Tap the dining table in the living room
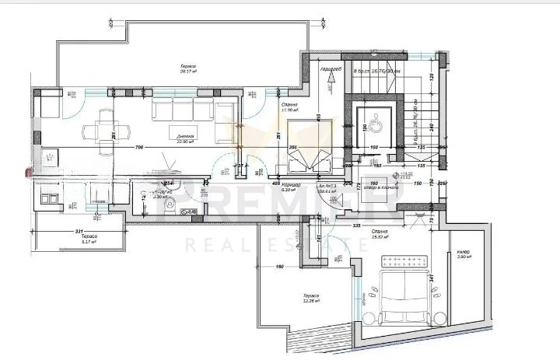click(103, 126)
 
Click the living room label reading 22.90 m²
click(184, 138)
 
